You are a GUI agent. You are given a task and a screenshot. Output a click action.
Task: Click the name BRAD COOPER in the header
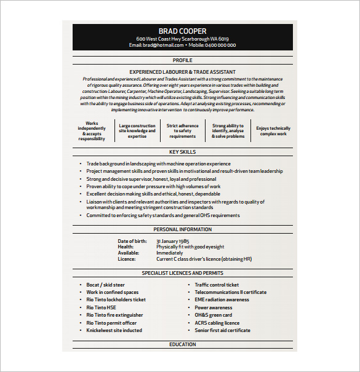point(182,31)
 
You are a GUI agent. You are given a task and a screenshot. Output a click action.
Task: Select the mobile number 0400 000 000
point(220,45)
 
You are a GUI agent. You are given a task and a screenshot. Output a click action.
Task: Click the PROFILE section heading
point(182,60)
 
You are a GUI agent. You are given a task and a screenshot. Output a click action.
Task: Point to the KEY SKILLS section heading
point(182,151)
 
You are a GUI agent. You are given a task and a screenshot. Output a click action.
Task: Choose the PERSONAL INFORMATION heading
point(182,229)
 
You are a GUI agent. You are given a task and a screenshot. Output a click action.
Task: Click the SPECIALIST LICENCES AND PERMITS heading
point(182,272)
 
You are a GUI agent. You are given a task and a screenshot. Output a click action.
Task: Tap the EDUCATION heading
point(182,344)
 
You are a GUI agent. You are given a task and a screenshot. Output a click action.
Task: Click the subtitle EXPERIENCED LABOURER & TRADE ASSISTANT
point(182,72)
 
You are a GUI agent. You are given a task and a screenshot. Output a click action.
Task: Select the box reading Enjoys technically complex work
point(273,131)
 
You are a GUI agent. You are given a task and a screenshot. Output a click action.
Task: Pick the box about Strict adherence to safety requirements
point(183,131)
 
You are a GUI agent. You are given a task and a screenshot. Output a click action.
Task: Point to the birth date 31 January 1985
point(175,241)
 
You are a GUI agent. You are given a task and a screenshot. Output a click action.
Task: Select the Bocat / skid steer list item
point(105,285)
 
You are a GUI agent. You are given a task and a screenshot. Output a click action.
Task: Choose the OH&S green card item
point(214,315)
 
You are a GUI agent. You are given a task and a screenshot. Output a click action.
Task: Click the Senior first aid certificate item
point(222,330)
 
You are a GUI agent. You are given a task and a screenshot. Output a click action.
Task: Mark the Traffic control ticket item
point(217,285)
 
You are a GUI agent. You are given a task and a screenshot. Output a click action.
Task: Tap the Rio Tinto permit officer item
point(111,323)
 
